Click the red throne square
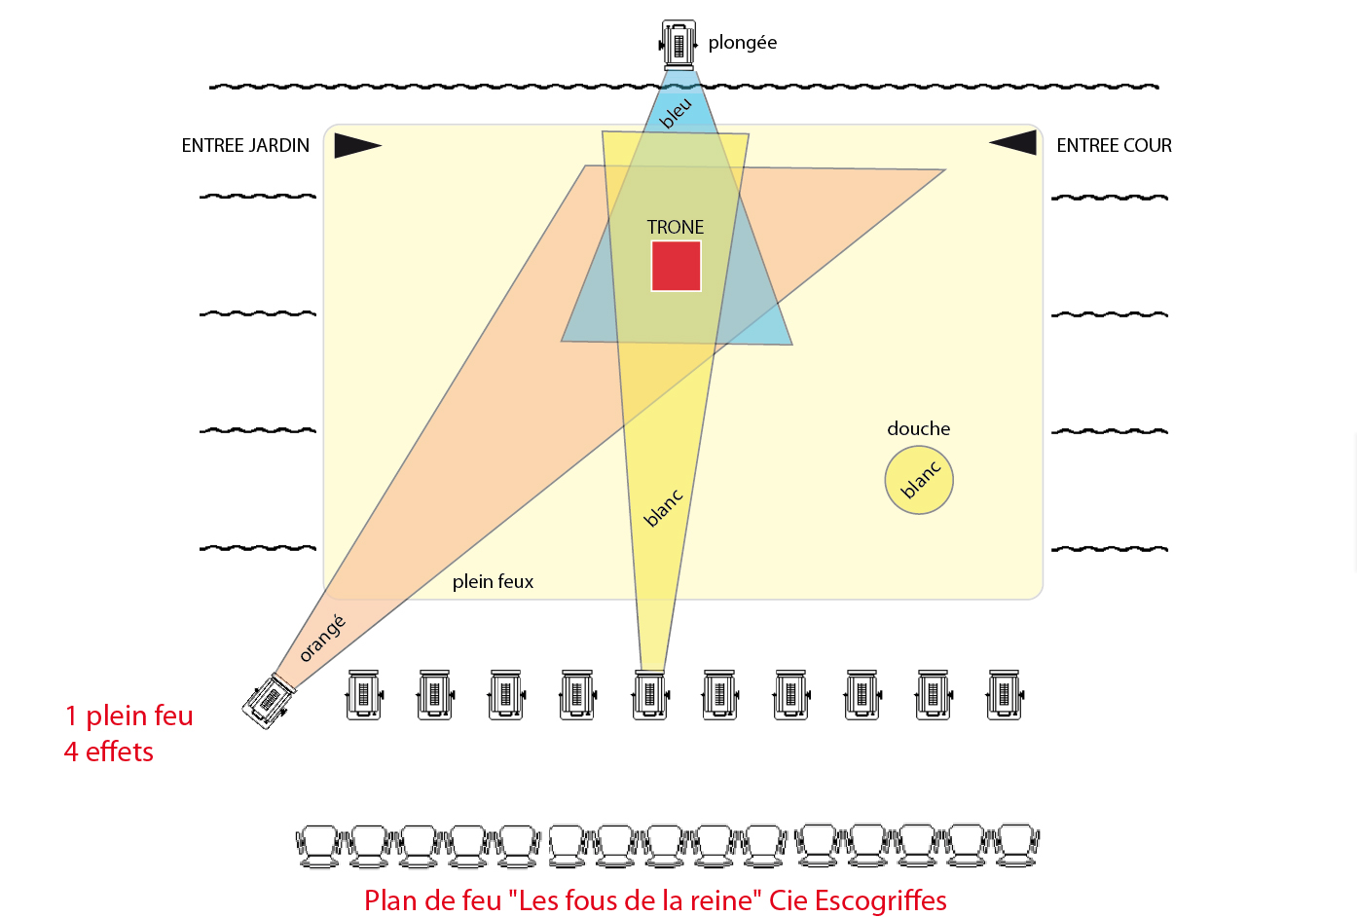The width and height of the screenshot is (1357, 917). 677,266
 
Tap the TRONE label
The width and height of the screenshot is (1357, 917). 675,227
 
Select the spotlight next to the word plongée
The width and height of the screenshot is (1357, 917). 678,45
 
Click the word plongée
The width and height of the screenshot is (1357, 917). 742,43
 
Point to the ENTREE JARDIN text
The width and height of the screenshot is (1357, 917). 245,145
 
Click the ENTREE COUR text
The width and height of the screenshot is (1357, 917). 1114,145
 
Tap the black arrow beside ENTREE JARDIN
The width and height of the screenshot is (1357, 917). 357,145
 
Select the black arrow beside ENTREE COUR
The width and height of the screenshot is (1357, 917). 1012,143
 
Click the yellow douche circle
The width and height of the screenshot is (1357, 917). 918,480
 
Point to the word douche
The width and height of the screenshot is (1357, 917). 918,429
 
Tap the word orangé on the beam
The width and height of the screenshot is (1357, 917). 323,638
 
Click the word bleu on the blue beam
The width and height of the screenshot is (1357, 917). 675,113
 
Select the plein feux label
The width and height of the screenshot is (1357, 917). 493,582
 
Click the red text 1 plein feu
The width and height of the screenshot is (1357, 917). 129,715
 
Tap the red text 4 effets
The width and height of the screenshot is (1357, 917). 109,752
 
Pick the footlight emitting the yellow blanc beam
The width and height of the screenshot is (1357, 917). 650,695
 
